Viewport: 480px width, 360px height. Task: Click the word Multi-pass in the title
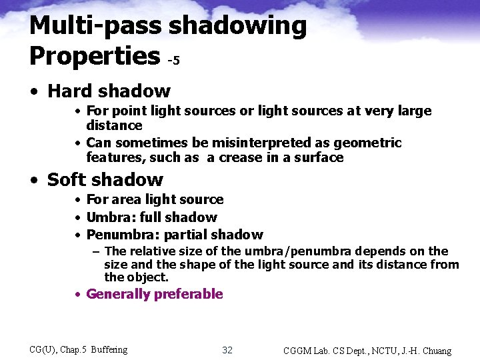(x=95, y=27)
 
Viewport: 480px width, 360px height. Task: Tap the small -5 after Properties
(x=173, y=61)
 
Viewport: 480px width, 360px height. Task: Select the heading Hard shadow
(x=109, y=91)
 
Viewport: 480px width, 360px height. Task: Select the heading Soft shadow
(x=105, y=179)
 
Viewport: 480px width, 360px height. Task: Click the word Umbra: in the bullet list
(x=111, y=217)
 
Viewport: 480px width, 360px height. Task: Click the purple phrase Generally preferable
(x=155, y=294)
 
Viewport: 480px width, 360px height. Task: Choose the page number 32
(x=227, y=350)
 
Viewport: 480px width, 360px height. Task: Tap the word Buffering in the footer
(x=109, y=350)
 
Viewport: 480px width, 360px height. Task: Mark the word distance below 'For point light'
(x=114, y=125)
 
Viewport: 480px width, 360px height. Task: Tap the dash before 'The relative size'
(x=97, y=251)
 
